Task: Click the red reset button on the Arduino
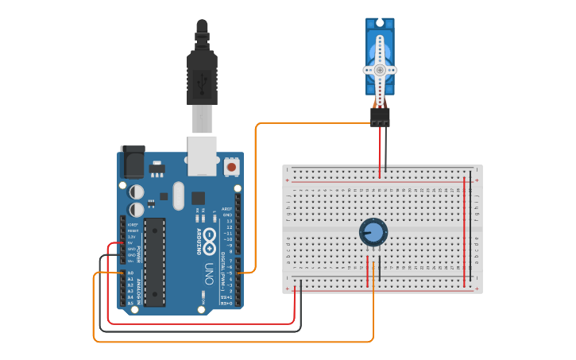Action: point(231,166)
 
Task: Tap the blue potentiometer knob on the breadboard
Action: point(373,233)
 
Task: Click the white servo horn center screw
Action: point(380,70)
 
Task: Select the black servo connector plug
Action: point(380,117)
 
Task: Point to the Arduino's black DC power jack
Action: point(131,163)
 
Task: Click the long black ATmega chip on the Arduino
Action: point(154,261)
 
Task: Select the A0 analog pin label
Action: point(130,273)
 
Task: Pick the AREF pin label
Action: point(226,209)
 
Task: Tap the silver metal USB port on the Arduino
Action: point(202,154)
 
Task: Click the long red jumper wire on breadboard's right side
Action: point(464,230)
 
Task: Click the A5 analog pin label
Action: point(130,303)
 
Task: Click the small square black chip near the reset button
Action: point(197,198)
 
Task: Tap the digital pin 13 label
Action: point(228,221)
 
